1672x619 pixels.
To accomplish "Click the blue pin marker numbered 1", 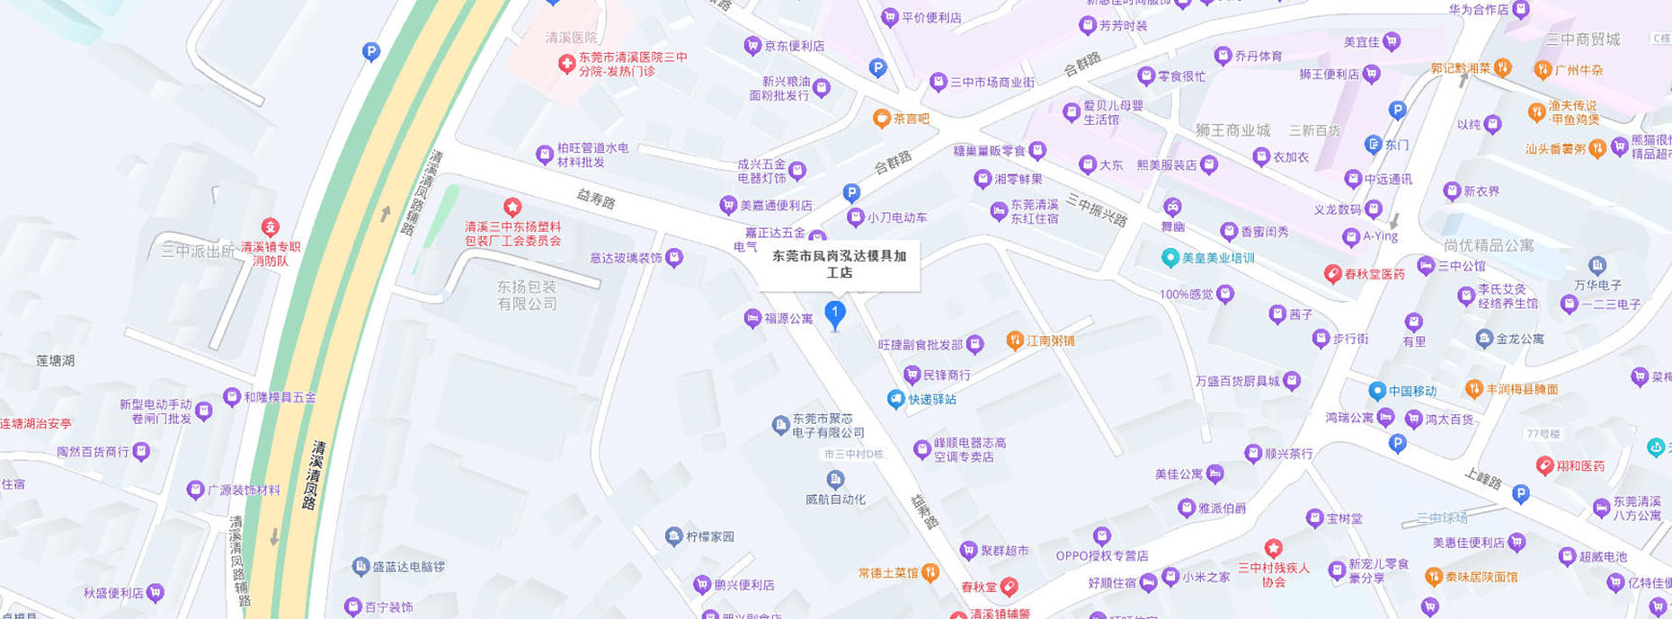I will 835,314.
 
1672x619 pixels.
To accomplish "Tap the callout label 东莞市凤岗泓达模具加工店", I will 839,264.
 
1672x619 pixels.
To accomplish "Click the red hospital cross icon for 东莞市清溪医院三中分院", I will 566,64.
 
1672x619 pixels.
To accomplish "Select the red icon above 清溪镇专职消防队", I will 270,227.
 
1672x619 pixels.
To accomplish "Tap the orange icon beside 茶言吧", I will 882,119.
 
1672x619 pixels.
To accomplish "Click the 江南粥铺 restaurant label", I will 1050,340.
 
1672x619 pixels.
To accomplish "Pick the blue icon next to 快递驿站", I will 895,399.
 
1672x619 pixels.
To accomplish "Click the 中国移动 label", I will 1412,391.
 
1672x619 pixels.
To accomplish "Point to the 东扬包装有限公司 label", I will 527,295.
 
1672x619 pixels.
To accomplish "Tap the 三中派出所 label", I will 197,251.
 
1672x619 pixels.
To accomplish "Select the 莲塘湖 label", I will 56,360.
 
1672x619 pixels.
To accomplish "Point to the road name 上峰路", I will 1482,479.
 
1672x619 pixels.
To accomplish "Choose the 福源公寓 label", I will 788,318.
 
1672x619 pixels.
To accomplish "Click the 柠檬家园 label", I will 710,536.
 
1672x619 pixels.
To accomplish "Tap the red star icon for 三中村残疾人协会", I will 1273,548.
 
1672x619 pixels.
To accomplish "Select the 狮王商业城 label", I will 1232,130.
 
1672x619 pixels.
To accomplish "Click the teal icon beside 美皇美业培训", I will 1170,258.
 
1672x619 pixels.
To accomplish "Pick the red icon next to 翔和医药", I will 1545,465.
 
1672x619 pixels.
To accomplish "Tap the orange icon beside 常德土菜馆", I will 931,572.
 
